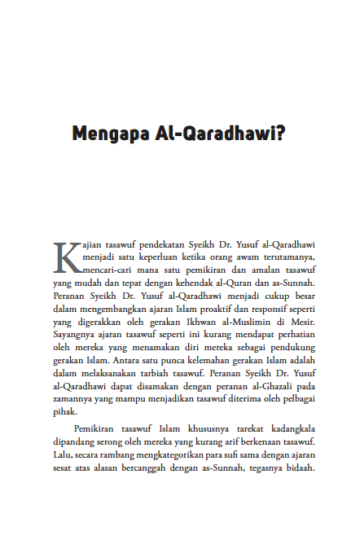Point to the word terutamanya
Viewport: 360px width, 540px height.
tap(279, 257)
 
